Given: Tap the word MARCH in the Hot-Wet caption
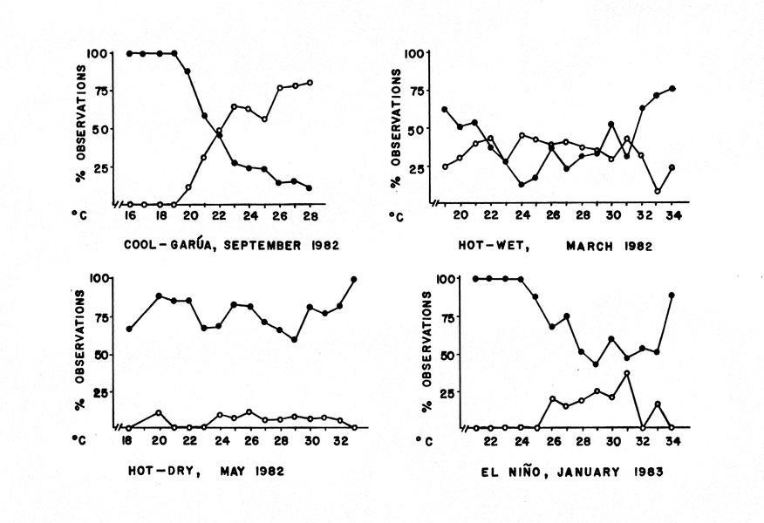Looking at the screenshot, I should (596, 246).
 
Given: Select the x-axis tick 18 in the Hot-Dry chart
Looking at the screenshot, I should (129, 442).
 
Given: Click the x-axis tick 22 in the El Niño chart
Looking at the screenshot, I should (491, 442).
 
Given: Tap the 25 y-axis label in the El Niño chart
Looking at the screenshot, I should (447, 392).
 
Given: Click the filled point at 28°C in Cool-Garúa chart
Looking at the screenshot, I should (310, 187).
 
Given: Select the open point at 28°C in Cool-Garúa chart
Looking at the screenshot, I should (310, 83).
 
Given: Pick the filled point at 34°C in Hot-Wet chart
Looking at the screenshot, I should (672, 89).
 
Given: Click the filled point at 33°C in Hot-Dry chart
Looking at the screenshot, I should (354, 280).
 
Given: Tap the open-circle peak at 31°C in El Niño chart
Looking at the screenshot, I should (626, 373).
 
